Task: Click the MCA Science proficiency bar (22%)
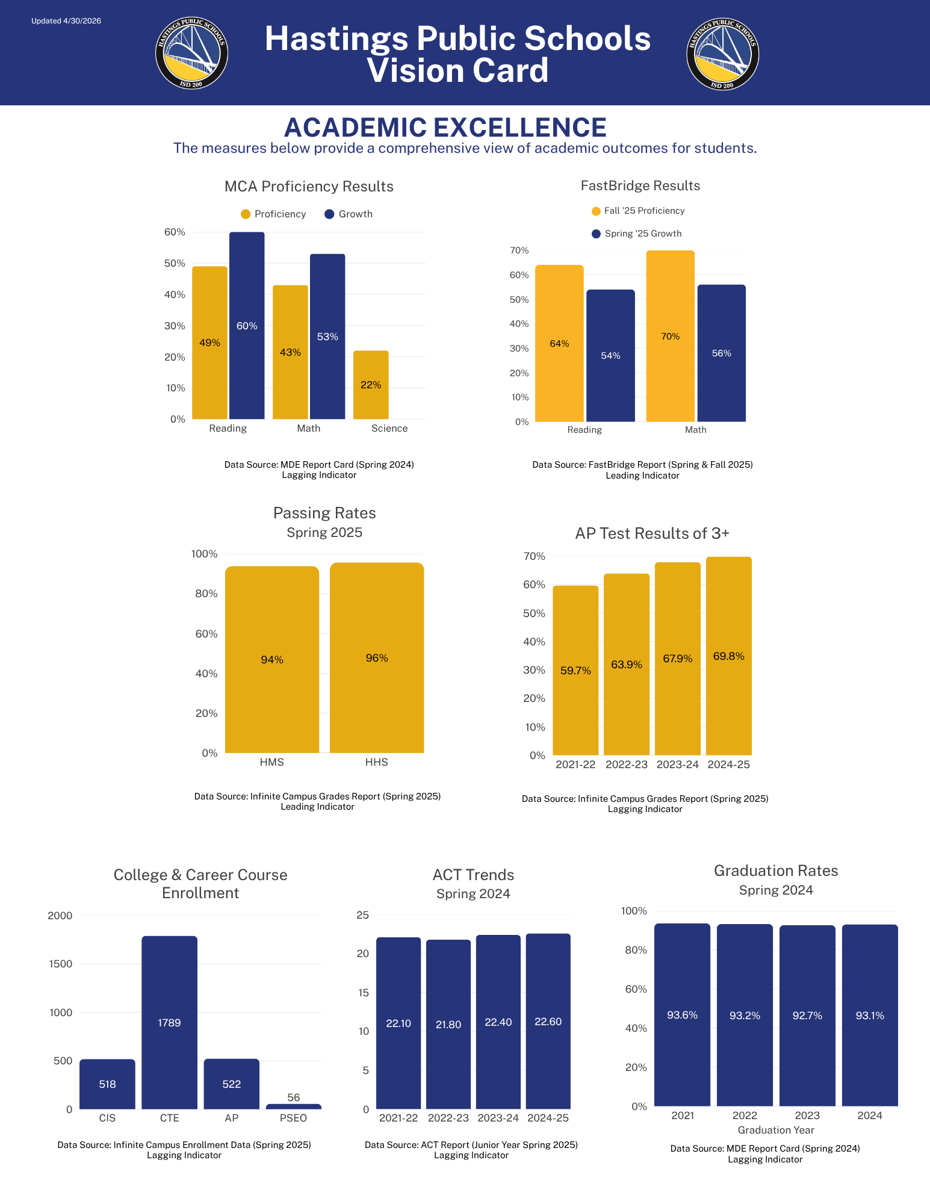click(371, 385)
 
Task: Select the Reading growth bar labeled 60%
click(247, 326)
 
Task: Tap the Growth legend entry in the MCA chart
click(349, 214)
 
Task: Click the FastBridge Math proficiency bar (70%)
click(670, 336)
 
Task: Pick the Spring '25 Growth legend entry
click(637, 234)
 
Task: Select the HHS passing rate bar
click(377, 657)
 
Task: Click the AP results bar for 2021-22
click(575, 670)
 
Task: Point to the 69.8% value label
click(728, 656)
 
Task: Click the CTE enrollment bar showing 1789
click(169, 1022)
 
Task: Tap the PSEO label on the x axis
click(293, 1118)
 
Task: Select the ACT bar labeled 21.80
click(448, 1024)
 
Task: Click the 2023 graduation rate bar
click(807, 1016)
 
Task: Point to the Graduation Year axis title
click(776, 1130)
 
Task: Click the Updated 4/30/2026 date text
click(66, 21)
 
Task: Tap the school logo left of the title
click(191, 53)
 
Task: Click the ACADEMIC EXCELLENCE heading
click(445, 127)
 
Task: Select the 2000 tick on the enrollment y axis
click(60, 916)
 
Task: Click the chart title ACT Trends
click(474, 875)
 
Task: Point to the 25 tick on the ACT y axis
click(363, 915)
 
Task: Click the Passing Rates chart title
click(324, 513)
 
